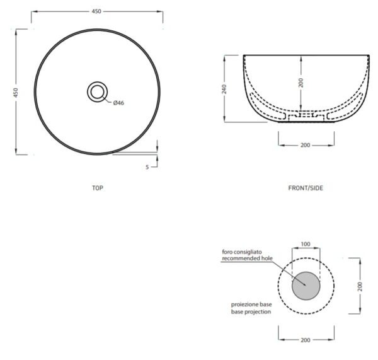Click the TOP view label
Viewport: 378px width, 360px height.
point(98,188)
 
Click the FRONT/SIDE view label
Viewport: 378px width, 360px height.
point(306,188)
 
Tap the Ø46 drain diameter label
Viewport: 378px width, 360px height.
point(118,103)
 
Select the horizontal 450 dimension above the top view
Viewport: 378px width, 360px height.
point(96,11)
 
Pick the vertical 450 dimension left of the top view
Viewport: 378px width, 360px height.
point(16,93)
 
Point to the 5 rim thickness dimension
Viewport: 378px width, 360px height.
point(147,167)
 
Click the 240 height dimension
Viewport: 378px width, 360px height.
point(224,89)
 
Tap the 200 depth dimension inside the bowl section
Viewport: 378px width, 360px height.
point(301,83)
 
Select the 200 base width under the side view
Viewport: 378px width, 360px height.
point(305,145)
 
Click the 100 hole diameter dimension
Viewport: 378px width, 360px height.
point(306,244)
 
